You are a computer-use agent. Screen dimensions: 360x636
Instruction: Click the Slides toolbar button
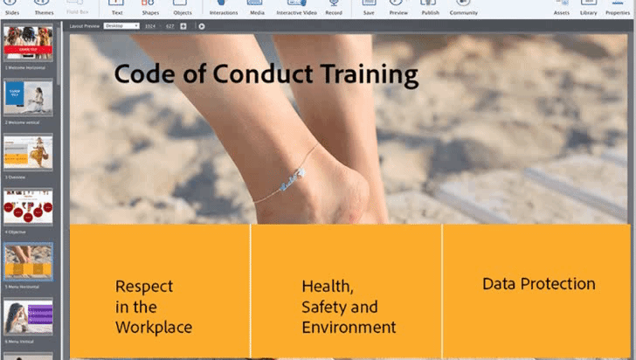click(x=12, y=8)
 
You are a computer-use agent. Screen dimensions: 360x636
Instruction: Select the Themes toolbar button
click(x=44, y=8)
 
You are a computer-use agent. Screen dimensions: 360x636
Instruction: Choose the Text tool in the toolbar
click(x=117, y=8)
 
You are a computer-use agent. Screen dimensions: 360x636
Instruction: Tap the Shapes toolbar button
click(x=150, y=8)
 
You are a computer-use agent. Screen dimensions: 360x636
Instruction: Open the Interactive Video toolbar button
click(x=295, y=8)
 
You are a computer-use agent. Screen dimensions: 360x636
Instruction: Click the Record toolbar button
click(x=334, y=8)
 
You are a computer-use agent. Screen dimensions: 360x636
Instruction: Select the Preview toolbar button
click(x=398, y=8)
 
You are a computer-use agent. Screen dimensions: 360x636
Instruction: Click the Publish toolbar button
click(x=431, y=8)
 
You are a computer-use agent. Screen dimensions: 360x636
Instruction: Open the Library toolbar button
click(x=589, y=8)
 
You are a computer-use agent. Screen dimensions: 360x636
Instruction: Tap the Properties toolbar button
click(x=618, y=8)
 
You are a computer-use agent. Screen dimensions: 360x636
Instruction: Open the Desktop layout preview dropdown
click(x=121, y=26)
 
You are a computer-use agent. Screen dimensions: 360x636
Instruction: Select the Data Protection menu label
click(x=539, y=284)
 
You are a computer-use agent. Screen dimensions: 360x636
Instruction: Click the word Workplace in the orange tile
click(x=154, y=328)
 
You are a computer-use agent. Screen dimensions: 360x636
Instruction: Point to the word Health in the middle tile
click(x=327, y=286)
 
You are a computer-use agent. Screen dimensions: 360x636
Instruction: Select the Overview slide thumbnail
click(x=28, y=154)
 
